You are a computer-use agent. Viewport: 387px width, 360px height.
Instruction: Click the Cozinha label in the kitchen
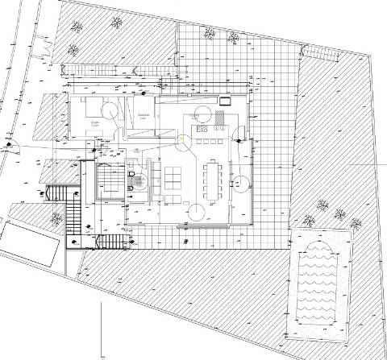tap(194, 116)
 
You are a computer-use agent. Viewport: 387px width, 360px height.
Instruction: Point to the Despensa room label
tap(144, 116)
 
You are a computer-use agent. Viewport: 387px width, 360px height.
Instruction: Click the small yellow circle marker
tap(182, 137)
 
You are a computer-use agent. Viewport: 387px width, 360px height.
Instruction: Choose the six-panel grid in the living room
tap(173, 177)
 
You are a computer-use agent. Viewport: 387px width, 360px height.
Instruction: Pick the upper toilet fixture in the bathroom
tap(131, 173)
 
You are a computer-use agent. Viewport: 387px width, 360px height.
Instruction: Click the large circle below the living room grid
tap(195, 211)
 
